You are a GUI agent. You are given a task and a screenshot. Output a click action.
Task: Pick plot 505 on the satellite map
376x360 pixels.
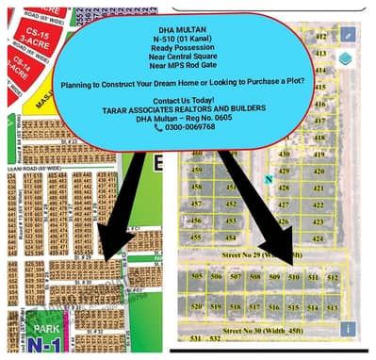pos(196,278)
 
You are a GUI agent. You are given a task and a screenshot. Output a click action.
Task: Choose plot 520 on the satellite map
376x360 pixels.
pos(197,307)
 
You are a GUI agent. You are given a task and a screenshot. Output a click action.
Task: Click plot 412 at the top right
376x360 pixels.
pos(320,36)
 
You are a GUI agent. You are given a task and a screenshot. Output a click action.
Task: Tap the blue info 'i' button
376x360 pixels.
pos(348,329)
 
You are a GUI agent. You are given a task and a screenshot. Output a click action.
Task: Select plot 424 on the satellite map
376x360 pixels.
pos(318,239)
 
